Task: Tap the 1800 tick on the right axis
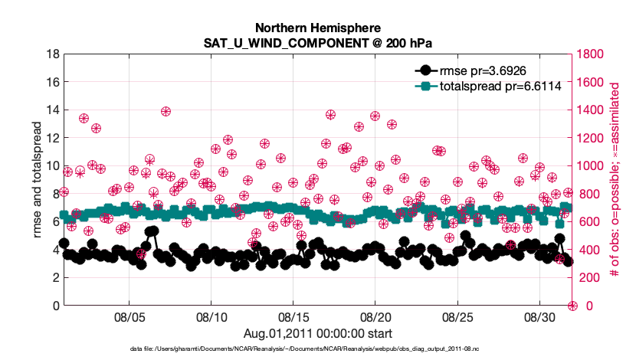tap(592, 54)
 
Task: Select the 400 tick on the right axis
tap(589, 250)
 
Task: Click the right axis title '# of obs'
tap(615, 180)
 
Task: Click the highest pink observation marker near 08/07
tap(166, 111)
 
